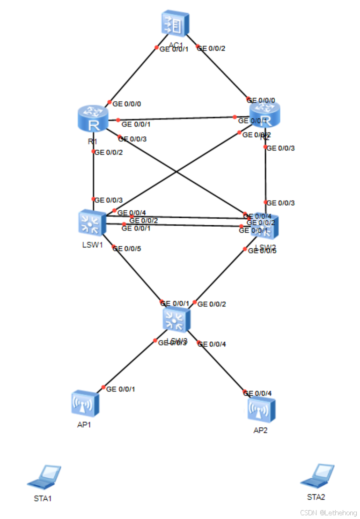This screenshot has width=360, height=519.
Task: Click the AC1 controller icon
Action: coord(175,23)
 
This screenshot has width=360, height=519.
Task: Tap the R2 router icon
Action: coord(264,114)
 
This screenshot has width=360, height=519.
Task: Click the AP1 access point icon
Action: coord(85,403)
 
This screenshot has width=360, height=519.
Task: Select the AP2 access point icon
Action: coord(261,409)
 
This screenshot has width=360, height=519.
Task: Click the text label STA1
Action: coord(43,498)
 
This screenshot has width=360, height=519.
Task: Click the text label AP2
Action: coord(260,430)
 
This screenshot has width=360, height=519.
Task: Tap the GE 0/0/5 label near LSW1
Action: coord(127,248)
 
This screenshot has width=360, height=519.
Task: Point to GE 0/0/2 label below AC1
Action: coord(212,48)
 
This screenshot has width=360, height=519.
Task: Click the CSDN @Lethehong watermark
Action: coord(329,513)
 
